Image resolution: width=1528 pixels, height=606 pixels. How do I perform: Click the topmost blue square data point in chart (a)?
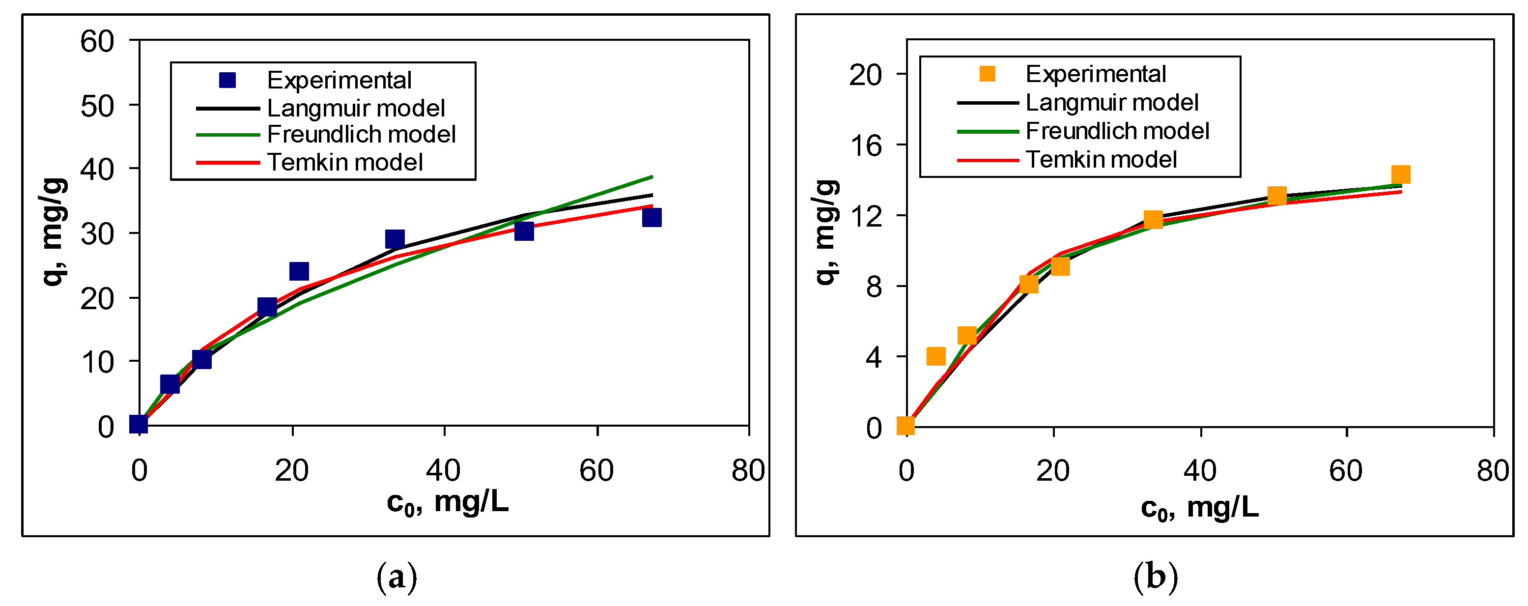(x=651, y=218)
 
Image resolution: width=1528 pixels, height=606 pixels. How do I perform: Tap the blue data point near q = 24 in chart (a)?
(x=299, y=271)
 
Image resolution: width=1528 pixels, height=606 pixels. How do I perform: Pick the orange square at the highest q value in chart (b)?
(x=1400, y=174)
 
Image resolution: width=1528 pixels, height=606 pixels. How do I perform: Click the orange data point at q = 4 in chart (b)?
(x=935, y=356)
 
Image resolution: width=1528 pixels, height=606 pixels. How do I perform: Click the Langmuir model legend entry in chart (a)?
(x=355, y=108)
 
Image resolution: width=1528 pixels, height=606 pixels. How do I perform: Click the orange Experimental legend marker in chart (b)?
(x=987, y=74)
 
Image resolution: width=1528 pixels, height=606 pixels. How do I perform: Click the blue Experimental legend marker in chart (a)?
(x=227, y=80)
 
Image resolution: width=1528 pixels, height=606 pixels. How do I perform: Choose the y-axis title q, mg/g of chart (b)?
(x=826, y=231)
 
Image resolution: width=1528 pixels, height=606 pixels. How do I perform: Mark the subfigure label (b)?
(x=1155, y=577)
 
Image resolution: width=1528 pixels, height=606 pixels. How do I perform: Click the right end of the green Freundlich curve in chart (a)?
(x=651, y=177)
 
